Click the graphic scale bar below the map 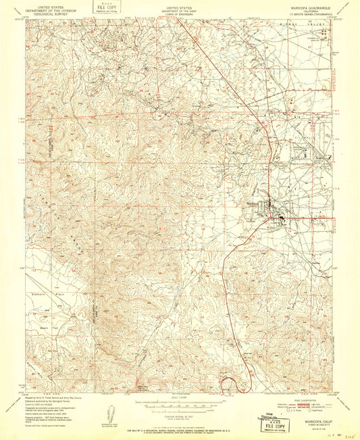180,404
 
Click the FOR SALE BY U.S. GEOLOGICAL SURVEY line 180,426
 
